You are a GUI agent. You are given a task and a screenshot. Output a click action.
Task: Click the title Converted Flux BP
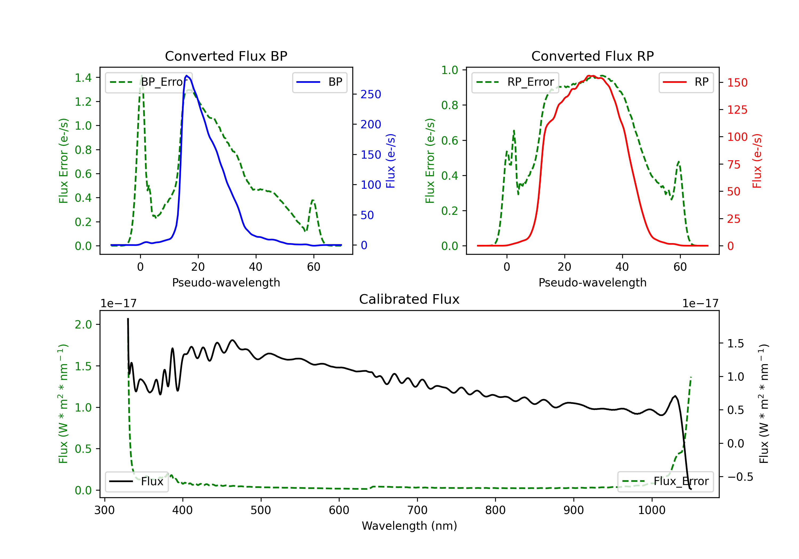coord(226,56)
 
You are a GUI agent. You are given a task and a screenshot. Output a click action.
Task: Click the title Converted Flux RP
coord(592,56)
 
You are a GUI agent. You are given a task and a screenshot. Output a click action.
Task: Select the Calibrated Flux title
coord(409,299)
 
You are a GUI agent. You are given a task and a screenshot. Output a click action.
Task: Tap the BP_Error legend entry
coord(149,82)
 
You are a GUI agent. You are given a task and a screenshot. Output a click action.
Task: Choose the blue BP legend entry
coord(319,82)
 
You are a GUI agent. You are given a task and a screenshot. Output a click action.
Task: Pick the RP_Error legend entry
coord(515,82)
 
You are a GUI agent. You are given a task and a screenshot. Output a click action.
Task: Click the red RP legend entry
coord(686,82)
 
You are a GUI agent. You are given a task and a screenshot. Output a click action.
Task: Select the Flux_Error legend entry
coord(665,482)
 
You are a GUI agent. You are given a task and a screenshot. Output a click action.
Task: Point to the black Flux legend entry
coord(136,482)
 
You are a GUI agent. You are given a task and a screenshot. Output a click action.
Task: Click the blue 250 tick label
coord(371,94)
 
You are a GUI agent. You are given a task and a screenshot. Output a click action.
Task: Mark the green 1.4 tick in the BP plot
coord(83,77)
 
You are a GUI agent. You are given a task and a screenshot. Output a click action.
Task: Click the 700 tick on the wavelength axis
coord(417,510)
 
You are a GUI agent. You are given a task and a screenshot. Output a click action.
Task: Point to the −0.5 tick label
coord(740,477)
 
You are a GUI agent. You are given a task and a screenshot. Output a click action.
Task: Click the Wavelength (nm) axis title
coord(409,526)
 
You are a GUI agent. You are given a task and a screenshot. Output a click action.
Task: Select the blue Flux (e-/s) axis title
coord(391,161)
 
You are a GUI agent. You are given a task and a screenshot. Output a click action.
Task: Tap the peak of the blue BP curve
coord(187,76)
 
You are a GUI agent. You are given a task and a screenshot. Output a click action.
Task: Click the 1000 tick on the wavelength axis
coord(651,510)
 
